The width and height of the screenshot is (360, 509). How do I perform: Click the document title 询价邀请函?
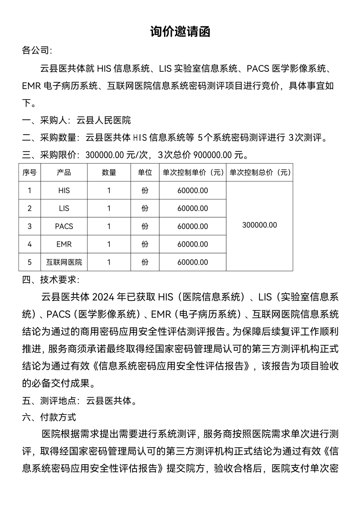tap(180, 32)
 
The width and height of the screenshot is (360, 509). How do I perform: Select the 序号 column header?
tap(30, 172)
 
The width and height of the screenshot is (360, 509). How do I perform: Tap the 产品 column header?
tap(64, 172)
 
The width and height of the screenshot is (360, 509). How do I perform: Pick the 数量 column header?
tap(109, 172)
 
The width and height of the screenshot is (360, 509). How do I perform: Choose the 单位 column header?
tap(145, 172)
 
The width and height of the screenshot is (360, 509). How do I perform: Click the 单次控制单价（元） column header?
tap(193, 172)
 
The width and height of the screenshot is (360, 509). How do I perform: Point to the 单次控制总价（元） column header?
tap(260, 172)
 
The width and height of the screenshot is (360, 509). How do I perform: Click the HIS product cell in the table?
tap(64, 190)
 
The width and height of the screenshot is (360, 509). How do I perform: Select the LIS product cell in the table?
tap(64, 208)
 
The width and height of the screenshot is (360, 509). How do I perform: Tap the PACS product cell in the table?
tap(64, 226)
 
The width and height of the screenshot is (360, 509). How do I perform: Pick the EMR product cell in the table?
tap(64, 244)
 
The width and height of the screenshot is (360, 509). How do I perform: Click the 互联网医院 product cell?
tap(64, 262)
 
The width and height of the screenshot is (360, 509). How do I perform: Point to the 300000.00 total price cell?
tap(260, 225)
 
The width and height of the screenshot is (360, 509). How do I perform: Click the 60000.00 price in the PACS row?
tap(193, 226)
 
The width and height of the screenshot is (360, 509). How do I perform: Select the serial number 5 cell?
tap(30, 262)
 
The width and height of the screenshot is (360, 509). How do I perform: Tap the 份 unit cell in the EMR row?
tap(145, 244)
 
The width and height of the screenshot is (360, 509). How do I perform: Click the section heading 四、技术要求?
tap(51, 280)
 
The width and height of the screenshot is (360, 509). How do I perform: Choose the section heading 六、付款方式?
tap(49, 417)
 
